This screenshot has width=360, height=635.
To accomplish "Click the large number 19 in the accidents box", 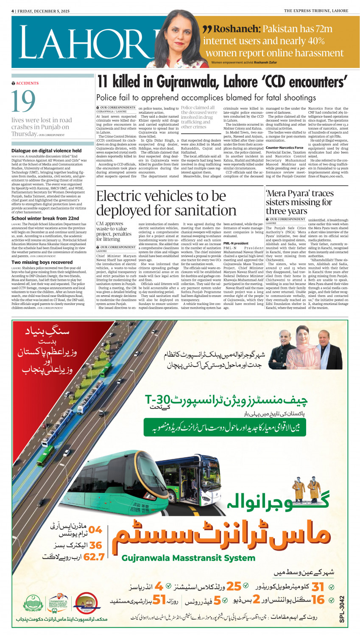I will [x=23, y=102].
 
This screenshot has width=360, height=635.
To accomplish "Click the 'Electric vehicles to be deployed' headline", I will [x=166, y=203].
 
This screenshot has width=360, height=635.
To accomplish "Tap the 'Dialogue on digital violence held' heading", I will [x=46, y=151].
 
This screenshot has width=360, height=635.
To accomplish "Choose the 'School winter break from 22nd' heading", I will [x=45, y=218].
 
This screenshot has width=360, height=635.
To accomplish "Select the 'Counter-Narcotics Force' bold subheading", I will [x=284, y=148].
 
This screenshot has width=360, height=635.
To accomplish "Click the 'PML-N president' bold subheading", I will [x=236, y=243].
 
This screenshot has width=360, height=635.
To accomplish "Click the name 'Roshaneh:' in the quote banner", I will [x=237, y=29].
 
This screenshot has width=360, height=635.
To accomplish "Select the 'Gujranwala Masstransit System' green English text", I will [x=188, y=558].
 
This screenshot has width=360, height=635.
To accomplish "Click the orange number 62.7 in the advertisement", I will [x=94, y=557].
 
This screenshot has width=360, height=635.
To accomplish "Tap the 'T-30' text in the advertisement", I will [x=157, y=400].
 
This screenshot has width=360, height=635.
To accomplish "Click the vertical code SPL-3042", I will [x=342, y=610].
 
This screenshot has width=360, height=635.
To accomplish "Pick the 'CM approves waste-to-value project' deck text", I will [x=114, y=231].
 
